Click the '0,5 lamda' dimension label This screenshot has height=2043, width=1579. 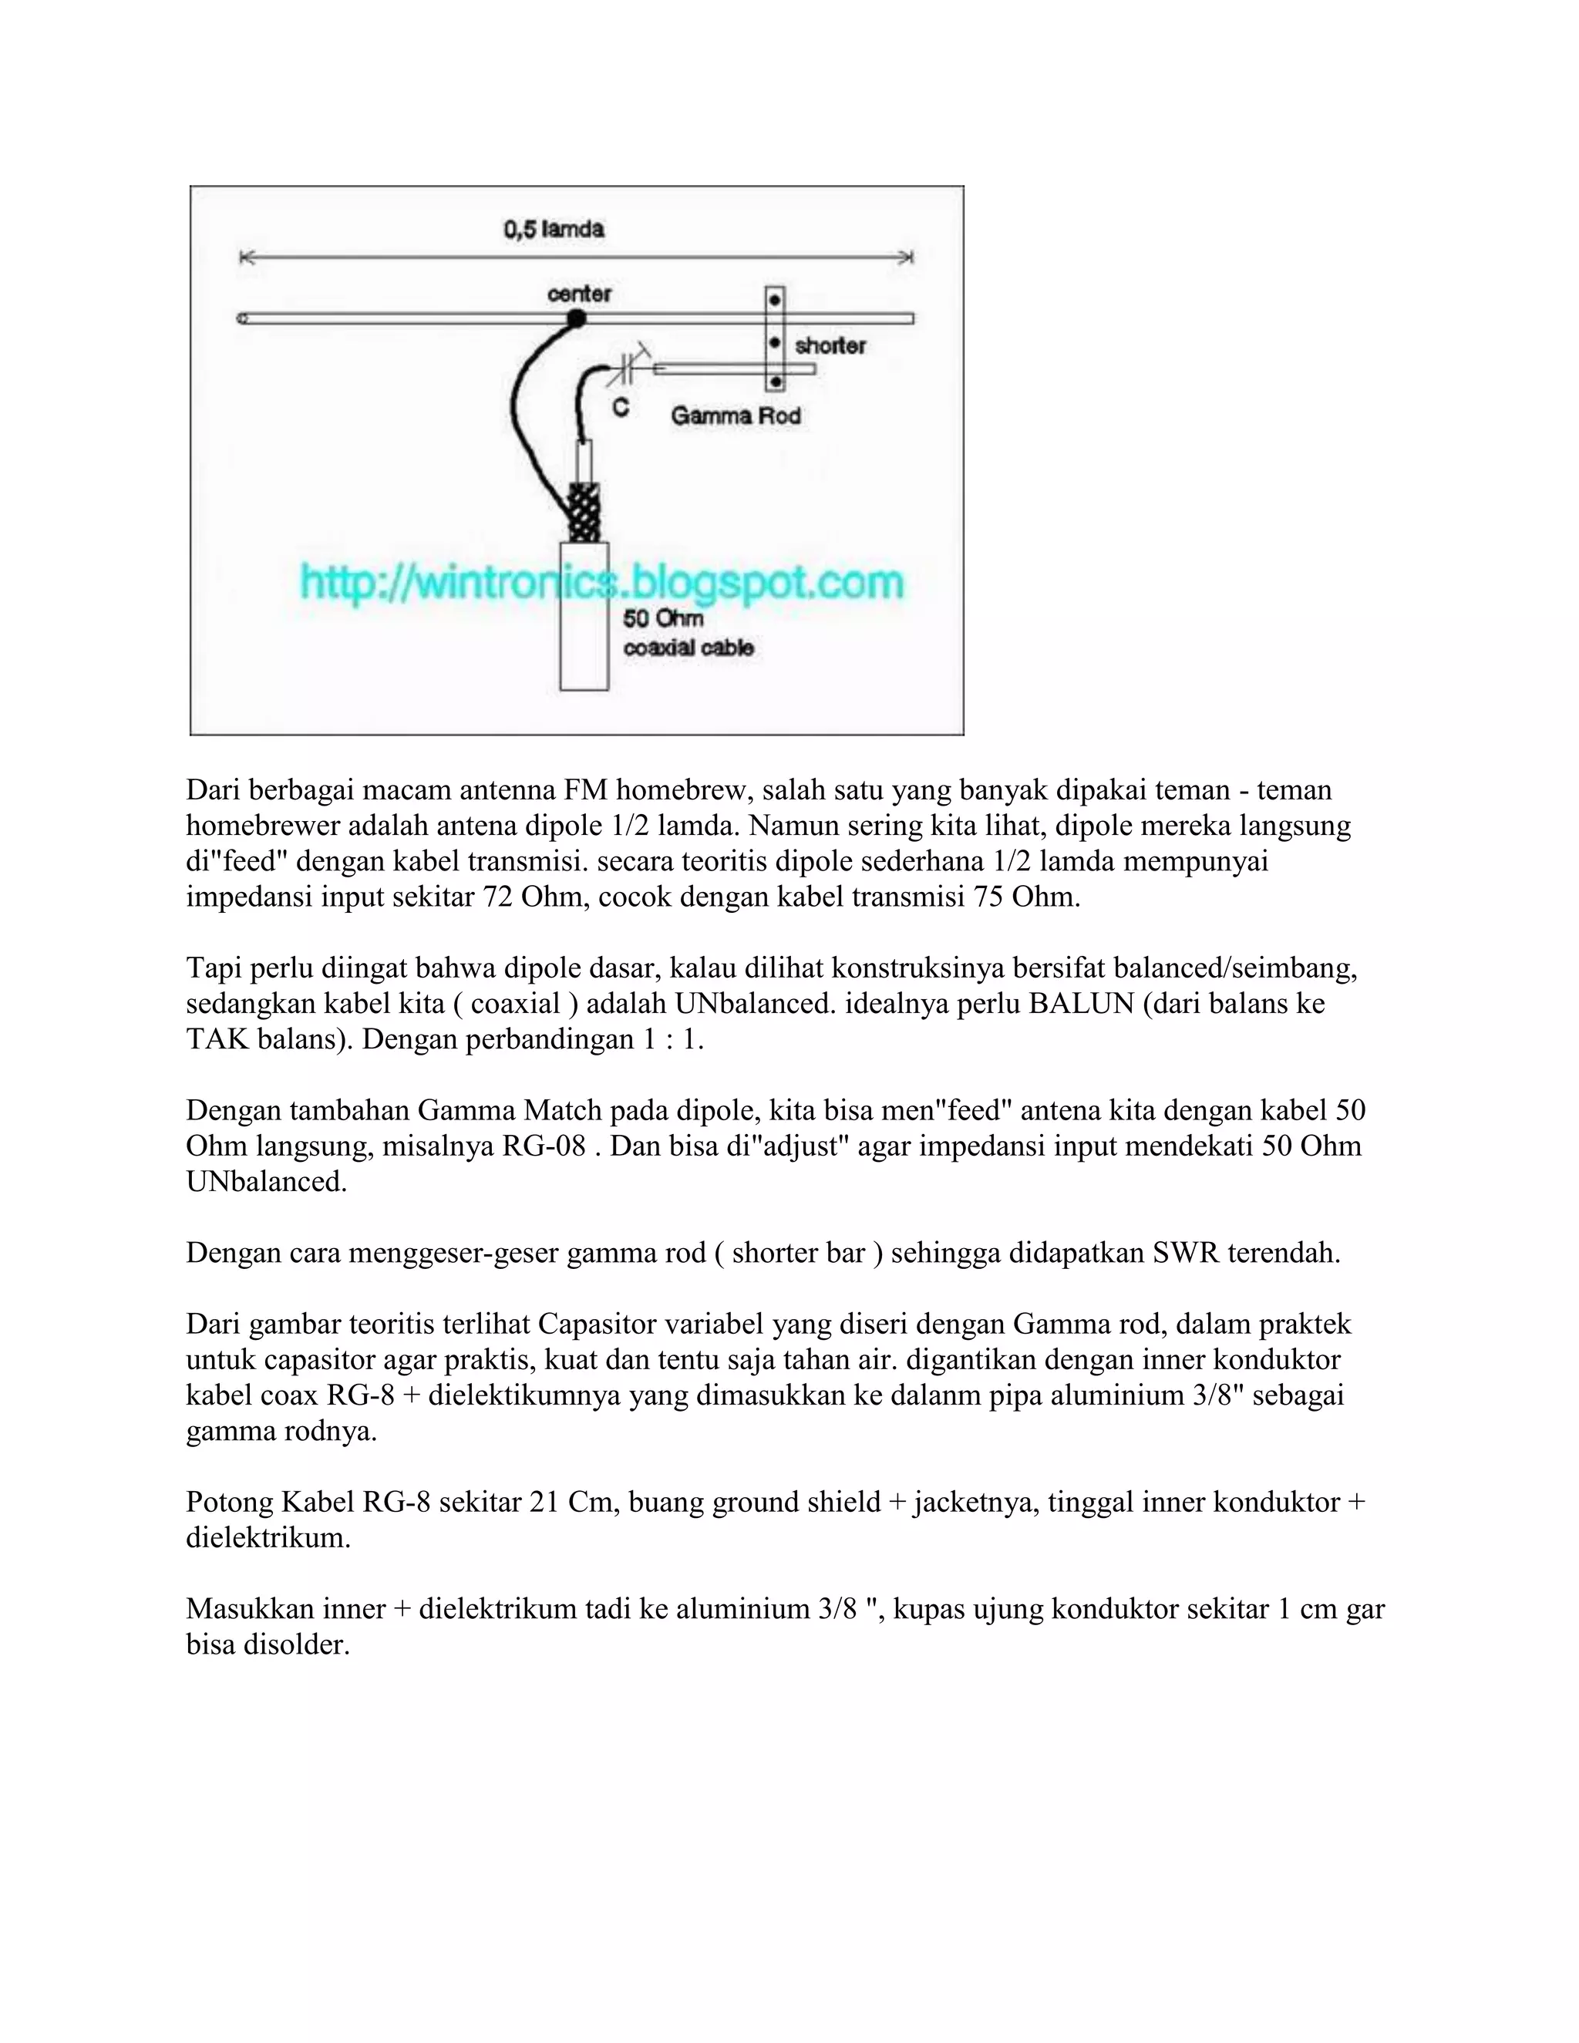(554, 229)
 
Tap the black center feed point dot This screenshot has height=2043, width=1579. (577, 319)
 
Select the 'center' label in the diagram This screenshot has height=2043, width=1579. (579, 294)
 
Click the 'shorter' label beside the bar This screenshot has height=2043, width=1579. (830, 346)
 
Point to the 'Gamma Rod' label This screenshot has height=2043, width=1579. (736, 416)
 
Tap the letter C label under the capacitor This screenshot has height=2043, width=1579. (619, 408)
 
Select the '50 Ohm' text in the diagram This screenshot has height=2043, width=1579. (662, 618)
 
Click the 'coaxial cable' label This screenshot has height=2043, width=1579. (688, 648)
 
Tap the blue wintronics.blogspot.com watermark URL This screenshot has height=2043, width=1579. (601, 583)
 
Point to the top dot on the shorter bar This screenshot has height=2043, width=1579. (775, 300)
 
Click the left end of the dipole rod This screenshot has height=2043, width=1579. (243, 319)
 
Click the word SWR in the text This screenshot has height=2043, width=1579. (1185, 1253)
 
